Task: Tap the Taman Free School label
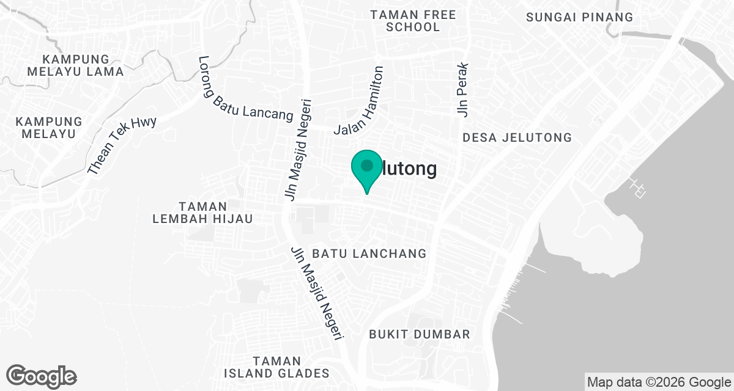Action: pyautogui.click(x=413, y=21)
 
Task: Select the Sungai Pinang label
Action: pyautogui.click(x=580, y=17)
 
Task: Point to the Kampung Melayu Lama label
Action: pyautogui.click(x=76, y=65)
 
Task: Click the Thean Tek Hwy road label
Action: pyautogui.click(x=122, y=145)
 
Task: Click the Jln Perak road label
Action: pyautogui.click(x=462, y=89)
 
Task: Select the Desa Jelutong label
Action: pyautogui.click(x=517, y=137)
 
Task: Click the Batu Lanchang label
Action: pyautogui.click(x=369, y=254)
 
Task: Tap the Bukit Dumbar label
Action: pyautogui.click(x=420, y=334)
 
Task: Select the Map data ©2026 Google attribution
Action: pyautogui.click(x=659, y=382)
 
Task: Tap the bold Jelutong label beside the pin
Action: pyautogui.click(x=407, y=169)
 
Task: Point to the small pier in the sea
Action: pyautogui.click(x=638, y=188)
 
